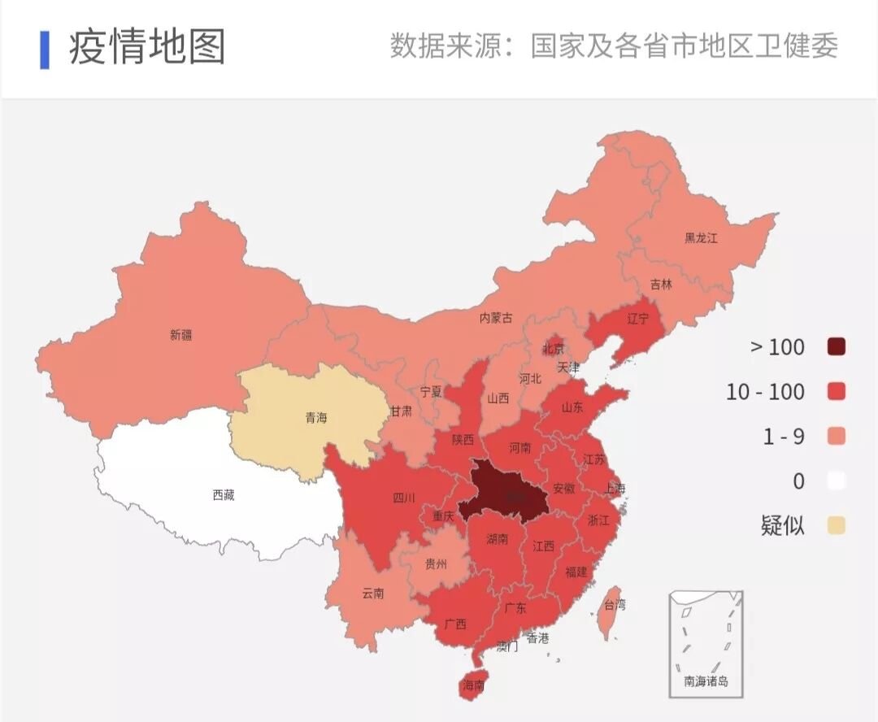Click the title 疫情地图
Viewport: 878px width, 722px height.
(x=147, y=47)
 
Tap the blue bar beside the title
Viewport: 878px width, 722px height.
(x=45, y=50)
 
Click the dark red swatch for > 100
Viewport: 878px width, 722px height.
(x=836, y=347)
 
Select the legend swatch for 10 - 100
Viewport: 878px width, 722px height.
(x=836, y=392)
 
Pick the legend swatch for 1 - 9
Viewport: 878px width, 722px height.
(x=836, y=437)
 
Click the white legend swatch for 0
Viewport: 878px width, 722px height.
(x=836, y=481)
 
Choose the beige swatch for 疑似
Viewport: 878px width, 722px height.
(x=836, y=525)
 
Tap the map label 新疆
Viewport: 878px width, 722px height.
(x=181, y=335)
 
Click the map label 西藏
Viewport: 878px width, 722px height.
(x=224, y=494)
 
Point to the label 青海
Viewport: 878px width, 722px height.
(x=316, y=418)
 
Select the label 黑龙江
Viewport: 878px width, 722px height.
(x=701, y=238)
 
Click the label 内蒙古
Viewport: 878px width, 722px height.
(x=496, y=318)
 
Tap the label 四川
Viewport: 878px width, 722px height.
(x=404, y=498)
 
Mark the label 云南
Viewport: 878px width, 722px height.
(x=373, y=594)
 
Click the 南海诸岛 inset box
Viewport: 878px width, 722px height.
(x=706, y=643)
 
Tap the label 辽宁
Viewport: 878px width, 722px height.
(x=638, y=319)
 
